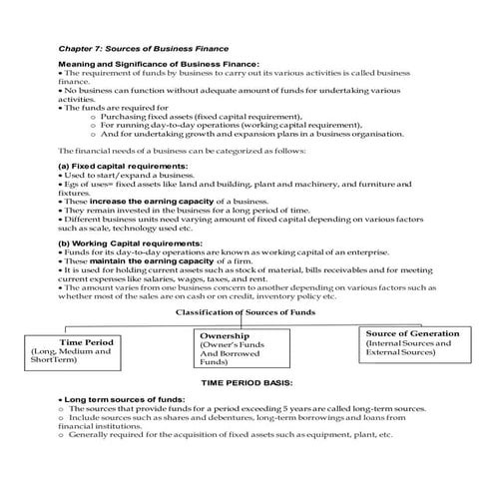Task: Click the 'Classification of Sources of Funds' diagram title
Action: [x=246, y=312]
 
